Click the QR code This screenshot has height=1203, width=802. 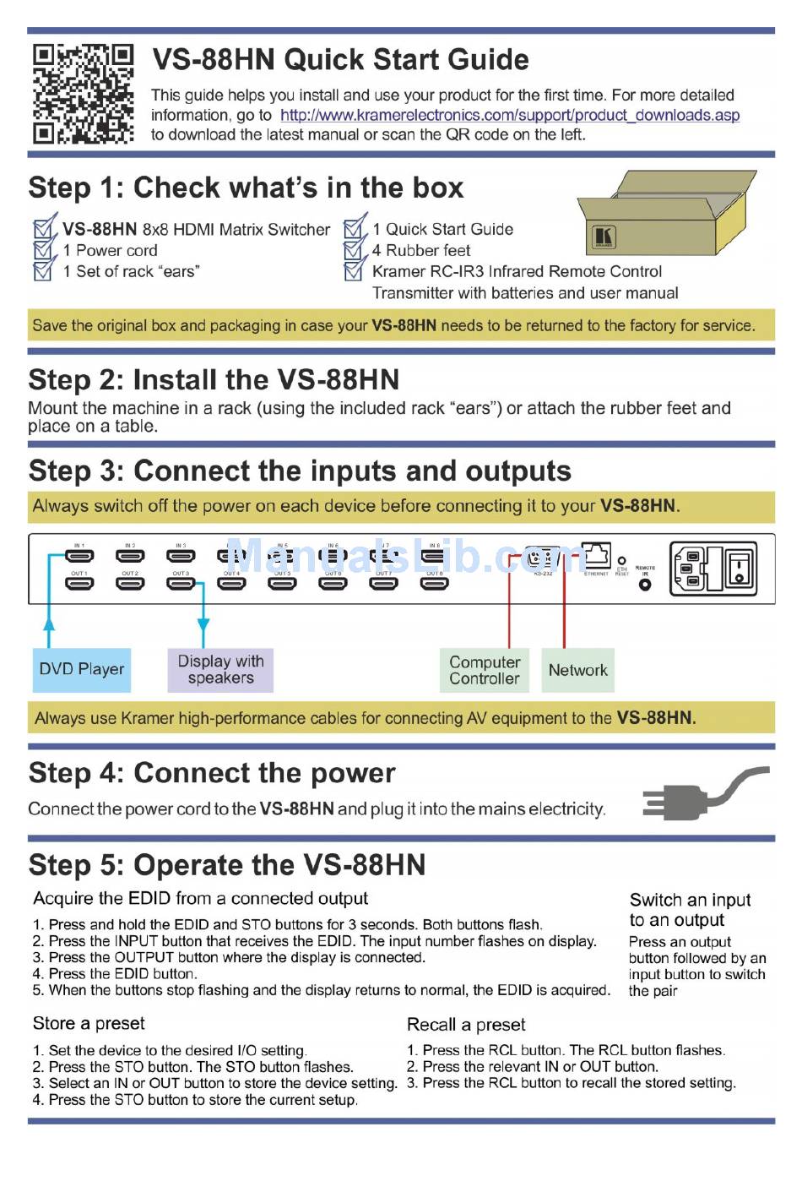pyautogui.click(x=83, y=93)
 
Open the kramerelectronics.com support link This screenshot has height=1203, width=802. pyautogui.click(x=509, y=115)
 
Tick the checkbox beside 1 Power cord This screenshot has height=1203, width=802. pyautogui.click(x=44, y=250)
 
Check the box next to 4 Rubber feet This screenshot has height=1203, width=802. pyautogui.click(x=355, y=250)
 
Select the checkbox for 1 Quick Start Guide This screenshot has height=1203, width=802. pyautogui.click(x=355, y=228)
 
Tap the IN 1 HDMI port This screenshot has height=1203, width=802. pyautogui.click(x=79, y=556)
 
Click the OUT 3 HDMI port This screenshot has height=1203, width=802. pyautogui.click(x=181, y=583)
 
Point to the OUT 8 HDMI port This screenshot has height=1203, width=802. pyautogui.click(x=434, y=583)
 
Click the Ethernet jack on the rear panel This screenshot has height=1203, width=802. pyautogui.click(x=597, y=556)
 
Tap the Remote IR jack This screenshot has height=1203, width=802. pyautogui.click(x=645, y=585)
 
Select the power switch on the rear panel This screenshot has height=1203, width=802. pyautogui.click(x=740, y=568)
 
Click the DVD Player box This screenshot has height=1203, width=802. pyautogui.click(x=82, y=669)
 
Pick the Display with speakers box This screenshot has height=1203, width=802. pyautogui.click(x=220, y=669)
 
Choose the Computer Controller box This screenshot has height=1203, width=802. pyautogui.click(x=485, y=670)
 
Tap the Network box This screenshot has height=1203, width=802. pyautogui.click(x=577, y=670)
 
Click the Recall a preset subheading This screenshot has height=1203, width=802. pyautogui.click(x=466, y=1025)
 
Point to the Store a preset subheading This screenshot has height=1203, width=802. pyautogui.click(x=89, y=1023)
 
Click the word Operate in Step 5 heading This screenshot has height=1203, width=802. pyautogui.click(x=200, y=865)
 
